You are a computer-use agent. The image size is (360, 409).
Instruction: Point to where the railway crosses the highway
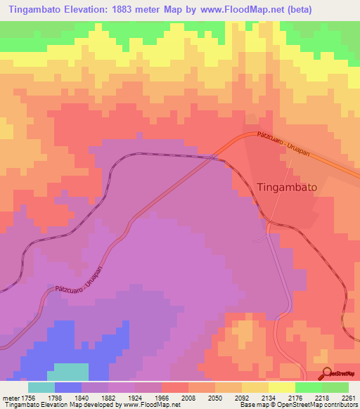tap(212, 157)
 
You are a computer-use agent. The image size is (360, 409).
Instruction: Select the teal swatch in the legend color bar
tap(41, 387)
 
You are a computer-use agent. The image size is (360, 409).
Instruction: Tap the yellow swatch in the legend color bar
tap(282, 387)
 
